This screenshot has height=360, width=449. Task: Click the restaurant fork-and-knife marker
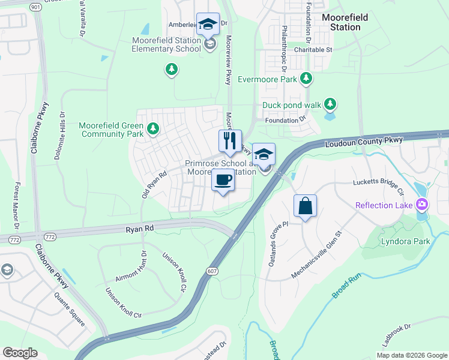click(229, 142)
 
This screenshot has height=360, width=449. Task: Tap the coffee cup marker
click(223, 180)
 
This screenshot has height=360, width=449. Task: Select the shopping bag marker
click(305, 206)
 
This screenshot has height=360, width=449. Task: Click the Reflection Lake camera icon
click(422, 205)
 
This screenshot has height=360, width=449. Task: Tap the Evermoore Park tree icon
click(306, 79)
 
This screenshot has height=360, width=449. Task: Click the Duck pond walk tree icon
click(330, 105)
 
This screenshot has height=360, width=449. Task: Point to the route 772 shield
click(14, 240)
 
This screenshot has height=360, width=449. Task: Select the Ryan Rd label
click(140, 229)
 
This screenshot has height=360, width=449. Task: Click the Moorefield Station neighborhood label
click(345, 22)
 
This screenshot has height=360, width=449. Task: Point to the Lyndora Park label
click(406, 242)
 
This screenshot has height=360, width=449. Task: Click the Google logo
click(20, 352)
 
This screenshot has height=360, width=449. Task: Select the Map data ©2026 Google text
click(411, 355)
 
